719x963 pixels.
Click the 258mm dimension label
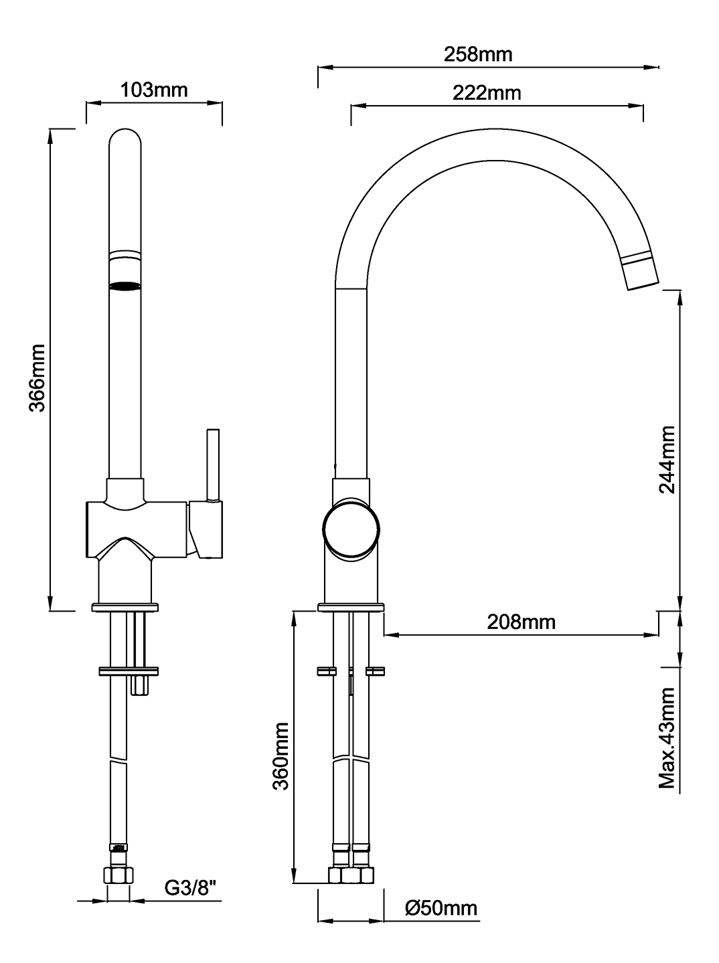(478, 54)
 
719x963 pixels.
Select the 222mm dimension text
(487, 92)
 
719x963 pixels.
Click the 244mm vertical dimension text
(666, 458)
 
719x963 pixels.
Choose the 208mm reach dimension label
(521, 622)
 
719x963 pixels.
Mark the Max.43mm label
(666, 737)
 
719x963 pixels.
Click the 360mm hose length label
(281, 756)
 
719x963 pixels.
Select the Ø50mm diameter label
(441, 907)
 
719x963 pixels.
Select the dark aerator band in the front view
(125, 286)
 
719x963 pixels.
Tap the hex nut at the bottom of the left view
(118, 874)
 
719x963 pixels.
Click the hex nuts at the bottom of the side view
(351, 875)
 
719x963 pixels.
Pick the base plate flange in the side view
(351, 607)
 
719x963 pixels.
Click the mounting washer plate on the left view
(127, 669)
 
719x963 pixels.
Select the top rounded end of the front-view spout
(125, 137)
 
